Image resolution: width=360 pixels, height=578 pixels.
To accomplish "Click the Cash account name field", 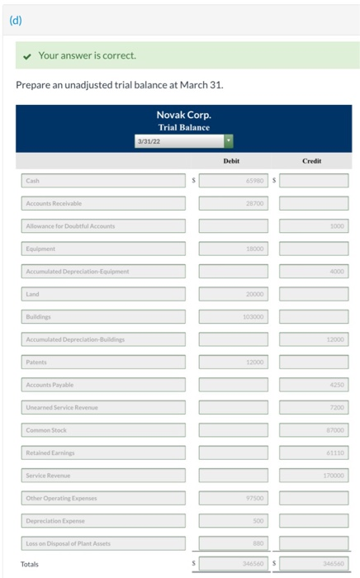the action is click(103, 179).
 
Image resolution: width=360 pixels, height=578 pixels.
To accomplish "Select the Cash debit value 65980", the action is click(233, 179).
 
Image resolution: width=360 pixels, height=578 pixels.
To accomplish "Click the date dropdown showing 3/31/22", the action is click(184, 141).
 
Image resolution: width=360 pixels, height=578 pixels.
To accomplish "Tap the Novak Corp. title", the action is click(183, 115).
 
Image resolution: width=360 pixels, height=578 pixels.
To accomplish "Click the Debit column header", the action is click(231, 161).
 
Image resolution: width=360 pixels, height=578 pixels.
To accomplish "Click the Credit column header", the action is click(311, 161).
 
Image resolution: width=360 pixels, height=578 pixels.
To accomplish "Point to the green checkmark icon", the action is click(28, 55).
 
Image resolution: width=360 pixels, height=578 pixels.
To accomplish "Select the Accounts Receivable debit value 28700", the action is click(233, 202).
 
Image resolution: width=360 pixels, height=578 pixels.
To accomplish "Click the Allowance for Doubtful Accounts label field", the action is click(103, 225).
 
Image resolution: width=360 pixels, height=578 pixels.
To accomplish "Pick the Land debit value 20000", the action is click(233, 293).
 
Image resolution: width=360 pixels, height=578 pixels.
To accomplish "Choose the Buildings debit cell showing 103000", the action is click(233, 315).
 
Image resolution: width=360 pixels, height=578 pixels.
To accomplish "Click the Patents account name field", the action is click(103, 361).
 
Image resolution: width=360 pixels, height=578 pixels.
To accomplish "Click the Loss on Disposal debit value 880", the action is click(233, 542).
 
